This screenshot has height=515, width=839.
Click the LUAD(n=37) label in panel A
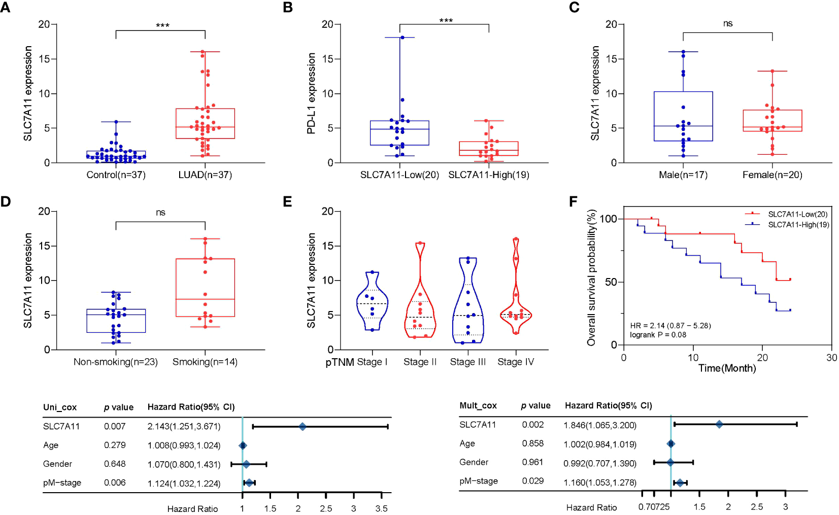[205, 175]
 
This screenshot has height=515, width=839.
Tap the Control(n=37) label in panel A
[116, 175]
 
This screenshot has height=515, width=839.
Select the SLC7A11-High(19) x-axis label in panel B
[488, 175]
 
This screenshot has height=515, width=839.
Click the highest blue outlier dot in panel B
[402, 38]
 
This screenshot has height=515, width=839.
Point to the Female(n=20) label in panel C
[772, 175]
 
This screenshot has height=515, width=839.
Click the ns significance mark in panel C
[727, 24]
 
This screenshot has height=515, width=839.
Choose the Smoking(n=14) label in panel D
[205, 362]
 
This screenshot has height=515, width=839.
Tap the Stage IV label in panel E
[516, 362]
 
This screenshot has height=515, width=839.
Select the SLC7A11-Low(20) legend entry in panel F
[797, 214]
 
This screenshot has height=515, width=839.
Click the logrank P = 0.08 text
[658, 335]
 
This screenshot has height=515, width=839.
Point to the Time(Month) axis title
[727, 368]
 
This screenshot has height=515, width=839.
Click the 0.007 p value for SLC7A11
[115, 426]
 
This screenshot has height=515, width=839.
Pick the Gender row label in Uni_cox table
[57, 464]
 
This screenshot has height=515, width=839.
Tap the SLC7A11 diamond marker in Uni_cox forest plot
[303, 427]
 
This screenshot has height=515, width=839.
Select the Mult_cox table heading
[478, 405]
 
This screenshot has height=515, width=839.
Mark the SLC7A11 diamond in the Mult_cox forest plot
[719, 424]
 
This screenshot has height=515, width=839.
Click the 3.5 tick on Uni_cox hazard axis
[381, 508]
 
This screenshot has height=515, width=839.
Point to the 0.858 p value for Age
[532, 443]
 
